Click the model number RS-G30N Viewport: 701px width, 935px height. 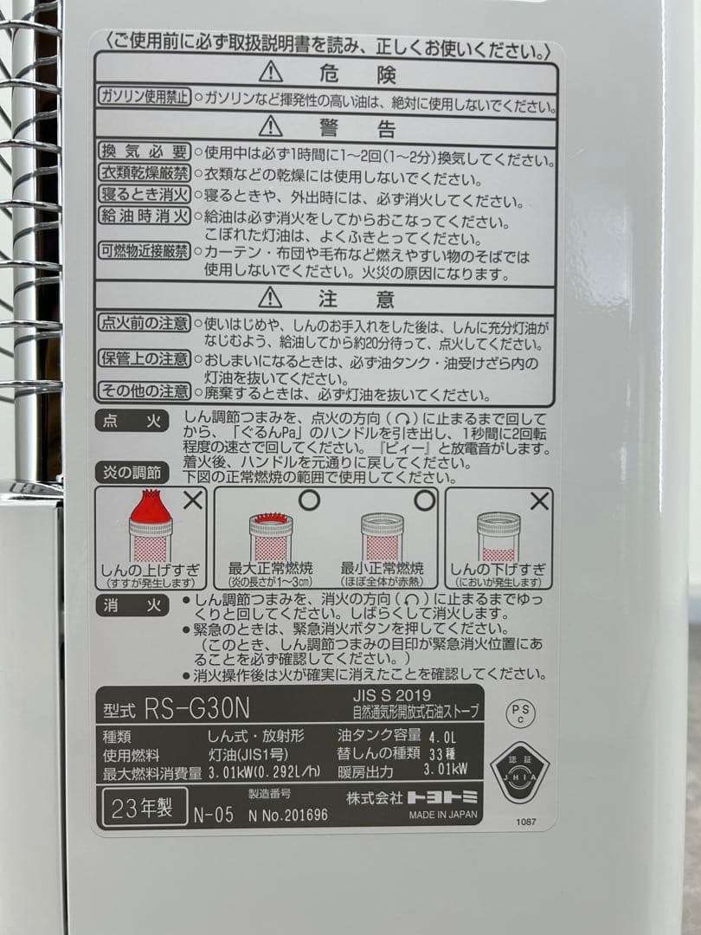[196, 708]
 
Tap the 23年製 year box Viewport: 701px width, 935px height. [145, 808]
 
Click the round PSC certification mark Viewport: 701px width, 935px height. [520, 712]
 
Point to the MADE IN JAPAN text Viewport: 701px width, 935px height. [443, 814]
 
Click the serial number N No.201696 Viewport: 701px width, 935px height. [288, 815]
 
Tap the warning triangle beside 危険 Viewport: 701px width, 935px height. [271, 72]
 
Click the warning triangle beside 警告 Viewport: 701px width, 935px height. [271, 126]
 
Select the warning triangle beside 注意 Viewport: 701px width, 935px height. [270, 297]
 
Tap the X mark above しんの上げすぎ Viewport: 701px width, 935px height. [193, 500]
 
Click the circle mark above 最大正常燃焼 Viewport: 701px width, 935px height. [309, 500]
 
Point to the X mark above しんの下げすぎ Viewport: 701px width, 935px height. [539, 500]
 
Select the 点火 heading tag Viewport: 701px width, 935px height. [132, 421]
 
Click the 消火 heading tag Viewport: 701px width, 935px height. [132, 606]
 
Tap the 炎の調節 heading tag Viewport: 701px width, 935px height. [132, 473]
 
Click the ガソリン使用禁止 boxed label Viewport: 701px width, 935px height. [144, 97]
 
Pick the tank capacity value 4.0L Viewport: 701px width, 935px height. [442, 737]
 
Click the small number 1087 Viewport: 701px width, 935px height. [526, 822]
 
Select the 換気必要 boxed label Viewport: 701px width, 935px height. [144, 152]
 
